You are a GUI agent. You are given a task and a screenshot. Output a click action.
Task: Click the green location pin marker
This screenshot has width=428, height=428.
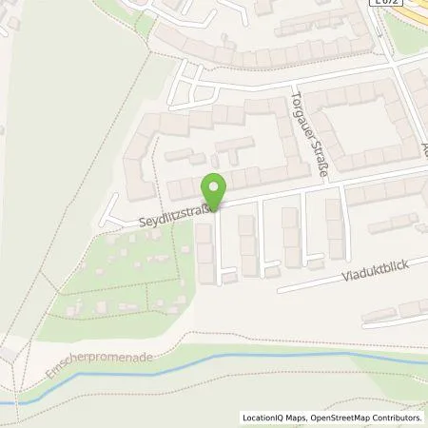click(x=215, y=190)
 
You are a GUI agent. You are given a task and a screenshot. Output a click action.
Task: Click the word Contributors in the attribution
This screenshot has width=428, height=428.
click(x=398, y=418)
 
